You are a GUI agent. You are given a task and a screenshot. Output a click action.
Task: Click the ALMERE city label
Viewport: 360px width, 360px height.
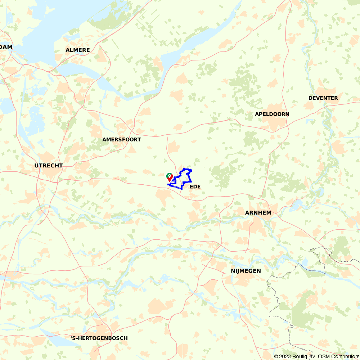click(78, 50)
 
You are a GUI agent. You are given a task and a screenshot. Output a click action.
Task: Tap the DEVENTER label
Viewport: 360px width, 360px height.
click(323, 98)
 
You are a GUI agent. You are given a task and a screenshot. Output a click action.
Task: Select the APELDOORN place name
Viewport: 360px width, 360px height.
click(272, 114)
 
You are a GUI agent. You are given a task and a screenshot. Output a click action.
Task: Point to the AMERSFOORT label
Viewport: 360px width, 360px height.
click(121, 139)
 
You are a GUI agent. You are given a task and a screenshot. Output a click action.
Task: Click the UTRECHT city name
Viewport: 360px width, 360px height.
click(49, 166)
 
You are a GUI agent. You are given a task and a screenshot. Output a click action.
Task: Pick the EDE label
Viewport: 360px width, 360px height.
click(195, 186)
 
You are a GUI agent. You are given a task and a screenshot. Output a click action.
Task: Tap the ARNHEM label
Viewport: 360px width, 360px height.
click(258, 213)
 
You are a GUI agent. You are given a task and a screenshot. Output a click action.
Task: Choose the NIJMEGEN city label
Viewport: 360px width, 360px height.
click(246, 271)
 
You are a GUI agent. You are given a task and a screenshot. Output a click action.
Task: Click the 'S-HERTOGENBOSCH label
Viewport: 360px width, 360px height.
click(99, 338)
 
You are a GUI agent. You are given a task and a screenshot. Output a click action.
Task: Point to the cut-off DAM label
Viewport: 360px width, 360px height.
click(6, 47)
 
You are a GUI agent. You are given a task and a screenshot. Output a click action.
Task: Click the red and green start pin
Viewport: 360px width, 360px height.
click(169, 177)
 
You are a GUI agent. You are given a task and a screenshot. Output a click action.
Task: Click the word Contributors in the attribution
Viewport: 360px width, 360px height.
click(345, 356)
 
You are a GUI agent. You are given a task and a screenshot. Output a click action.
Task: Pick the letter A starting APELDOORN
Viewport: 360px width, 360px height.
click(257, 114)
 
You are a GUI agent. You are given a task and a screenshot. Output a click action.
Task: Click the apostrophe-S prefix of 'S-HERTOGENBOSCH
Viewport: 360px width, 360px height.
click(74, 338)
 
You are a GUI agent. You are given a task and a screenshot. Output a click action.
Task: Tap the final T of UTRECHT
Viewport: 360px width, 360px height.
click(61, 166)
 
